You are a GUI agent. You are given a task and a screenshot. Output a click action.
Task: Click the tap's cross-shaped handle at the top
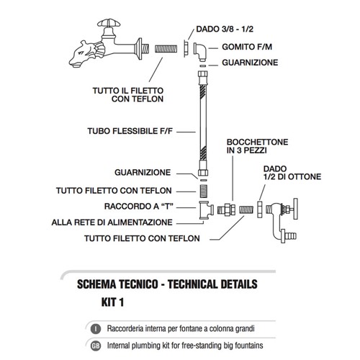click(x=109, y=23)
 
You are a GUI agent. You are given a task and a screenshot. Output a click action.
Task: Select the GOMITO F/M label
click(x=247, y=47)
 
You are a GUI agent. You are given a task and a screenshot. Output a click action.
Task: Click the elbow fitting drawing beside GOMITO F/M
click(x=200, y=52)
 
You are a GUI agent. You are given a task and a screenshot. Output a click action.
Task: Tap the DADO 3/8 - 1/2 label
click(x=225, y=29)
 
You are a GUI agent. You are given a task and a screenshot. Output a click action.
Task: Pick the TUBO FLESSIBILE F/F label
click(x=130, y=131)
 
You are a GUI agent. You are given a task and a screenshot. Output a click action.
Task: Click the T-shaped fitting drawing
click(x=206, y=210)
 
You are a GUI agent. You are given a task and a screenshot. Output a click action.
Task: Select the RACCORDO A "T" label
click(x=139, y=207)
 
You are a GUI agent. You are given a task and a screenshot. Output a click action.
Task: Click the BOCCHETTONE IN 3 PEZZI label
click(x=257, y=146)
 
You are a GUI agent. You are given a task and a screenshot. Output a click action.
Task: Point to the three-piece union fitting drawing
click(x=226, y=210)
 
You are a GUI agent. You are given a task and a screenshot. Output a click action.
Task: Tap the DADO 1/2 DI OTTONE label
click(x=292, y=173)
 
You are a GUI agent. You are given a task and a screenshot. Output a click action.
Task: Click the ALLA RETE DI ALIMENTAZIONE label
click(x=112, y=222)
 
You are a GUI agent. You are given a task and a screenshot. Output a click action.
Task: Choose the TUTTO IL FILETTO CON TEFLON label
click(x=128, y=95)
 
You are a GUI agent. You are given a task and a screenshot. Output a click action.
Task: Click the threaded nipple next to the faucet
click(x=166, y=49)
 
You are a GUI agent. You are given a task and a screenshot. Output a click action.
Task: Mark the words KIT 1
click(x=112, y=302)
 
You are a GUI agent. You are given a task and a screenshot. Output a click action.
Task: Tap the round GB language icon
click(x=96, y=346)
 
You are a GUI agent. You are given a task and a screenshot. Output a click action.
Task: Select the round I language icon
click(x=96, y=328)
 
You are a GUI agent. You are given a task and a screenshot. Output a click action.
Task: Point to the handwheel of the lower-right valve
click(x=295, y=209)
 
